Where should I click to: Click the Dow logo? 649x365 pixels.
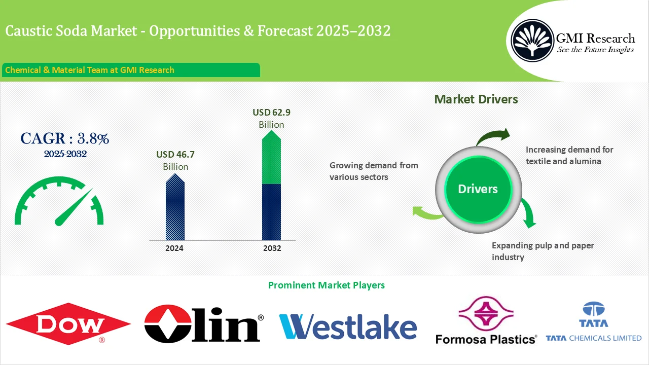[68, 323]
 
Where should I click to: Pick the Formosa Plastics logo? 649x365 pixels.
[485, 321]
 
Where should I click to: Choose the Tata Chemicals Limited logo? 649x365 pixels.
[593, 322]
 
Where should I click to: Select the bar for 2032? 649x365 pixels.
[271, 188]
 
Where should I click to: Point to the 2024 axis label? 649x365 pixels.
[174, 248]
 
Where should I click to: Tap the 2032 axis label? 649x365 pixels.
[272, 248]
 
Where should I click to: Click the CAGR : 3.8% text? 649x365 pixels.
[65, 138]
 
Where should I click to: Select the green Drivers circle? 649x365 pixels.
[478, 189]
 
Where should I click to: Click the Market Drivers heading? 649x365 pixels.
[476, 99]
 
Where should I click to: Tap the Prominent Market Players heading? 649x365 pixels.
[326, 285]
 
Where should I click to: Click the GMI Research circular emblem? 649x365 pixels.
[532, 39]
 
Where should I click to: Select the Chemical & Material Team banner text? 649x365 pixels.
[90, 70]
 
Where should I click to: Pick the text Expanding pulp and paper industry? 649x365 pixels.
[543, 251]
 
